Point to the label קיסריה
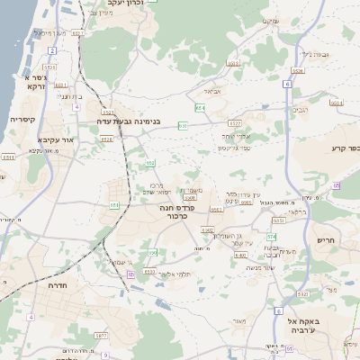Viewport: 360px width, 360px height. click(22, 119)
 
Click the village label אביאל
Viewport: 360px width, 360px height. click(212, 90)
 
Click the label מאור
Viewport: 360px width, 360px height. click(238, 320)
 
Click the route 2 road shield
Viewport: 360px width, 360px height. click(52, 50)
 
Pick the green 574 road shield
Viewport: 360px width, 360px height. click(272, 236)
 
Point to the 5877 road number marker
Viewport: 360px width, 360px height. click(100, 335)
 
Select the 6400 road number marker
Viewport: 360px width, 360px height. click(240, 255)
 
